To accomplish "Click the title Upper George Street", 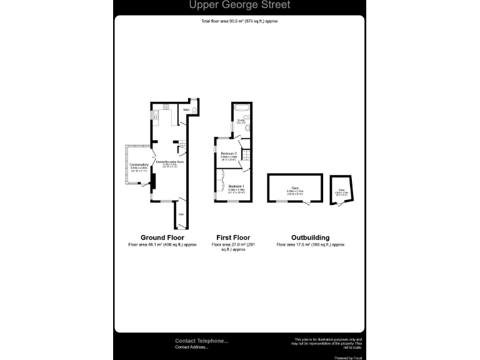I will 239,6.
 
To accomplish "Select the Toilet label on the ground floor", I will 186,110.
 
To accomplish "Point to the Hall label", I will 181,214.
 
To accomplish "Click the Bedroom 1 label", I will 236,187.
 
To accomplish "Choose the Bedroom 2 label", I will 229,153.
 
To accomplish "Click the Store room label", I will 342,191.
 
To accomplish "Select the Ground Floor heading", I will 162,237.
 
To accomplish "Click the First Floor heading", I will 233,237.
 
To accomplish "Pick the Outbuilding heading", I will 310,237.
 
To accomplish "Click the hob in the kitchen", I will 167,107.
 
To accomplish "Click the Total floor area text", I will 239,21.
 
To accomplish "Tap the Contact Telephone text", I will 201,341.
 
